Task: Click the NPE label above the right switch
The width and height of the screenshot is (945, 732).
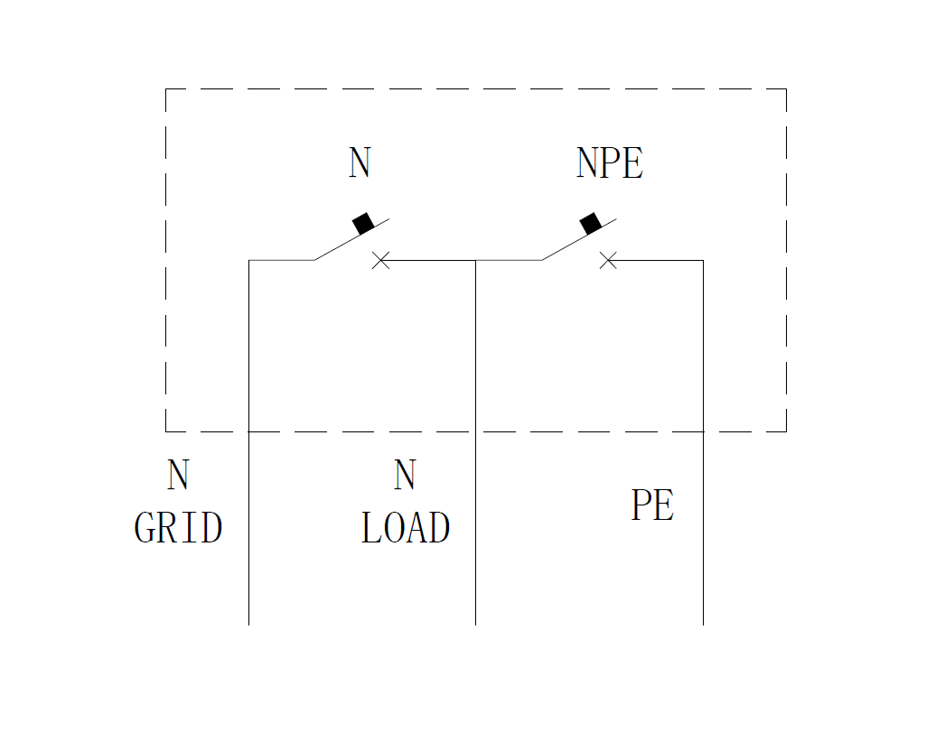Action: tap(610, 163)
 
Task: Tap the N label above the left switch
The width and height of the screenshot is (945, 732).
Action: tap(360, 163)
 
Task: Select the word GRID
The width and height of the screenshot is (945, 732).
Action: tap(178, 528)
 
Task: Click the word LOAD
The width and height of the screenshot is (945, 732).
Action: tap(406, 528)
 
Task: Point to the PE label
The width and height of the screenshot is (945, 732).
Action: tap(652, 505)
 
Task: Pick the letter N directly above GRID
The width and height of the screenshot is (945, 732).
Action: tap(178, 476)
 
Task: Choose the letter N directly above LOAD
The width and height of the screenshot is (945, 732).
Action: tap(405, 476)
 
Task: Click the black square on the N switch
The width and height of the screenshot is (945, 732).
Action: tap(363, 223)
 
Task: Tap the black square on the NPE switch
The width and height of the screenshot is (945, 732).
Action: tap(591, 223)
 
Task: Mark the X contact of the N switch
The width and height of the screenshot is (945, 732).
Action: tap(381, 260)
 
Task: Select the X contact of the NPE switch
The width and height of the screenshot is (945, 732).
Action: tap(609, 260)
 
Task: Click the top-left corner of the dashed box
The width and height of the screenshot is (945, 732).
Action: tap(166, 89)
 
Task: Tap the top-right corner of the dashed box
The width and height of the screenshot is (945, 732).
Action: tap(786, 89)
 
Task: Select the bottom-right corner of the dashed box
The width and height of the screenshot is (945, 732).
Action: tap(786, 431)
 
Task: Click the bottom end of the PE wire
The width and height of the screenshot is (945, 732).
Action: tap(703, 623)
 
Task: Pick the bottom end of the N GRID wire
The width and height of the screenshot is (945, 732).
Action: tap(248, 623)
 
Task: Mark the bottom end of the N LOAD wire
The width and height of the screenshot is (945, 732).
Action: tap(476, 623)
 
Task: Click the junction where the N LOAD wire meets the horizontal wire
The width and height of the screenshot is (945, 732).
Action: tap(476, 260)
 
